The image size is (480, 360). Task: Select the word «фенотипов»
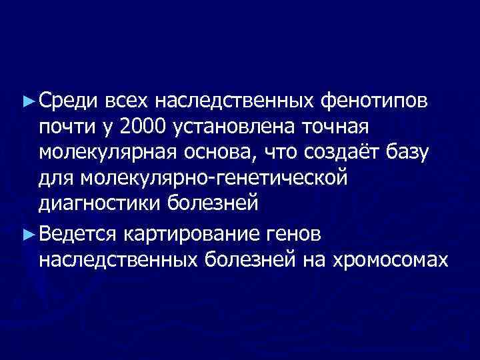coord(378,101)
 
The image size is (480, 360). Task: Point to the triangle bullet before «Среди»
coord(27,101)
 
